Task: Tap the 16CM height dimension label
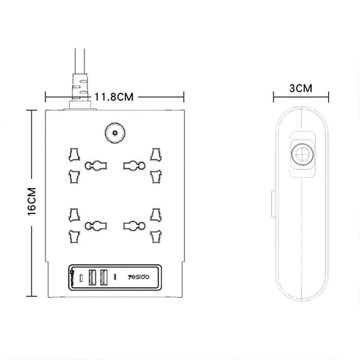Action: pyautogui.click(x=32, y=202)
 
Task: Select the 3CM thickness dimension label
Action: pyautogui.click(x=301, y=88)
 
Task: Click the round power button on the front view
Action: pyautogui.click(x=115, y=134)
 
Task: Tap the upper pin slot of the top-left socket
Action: pyautogui.click(x=72, y=155)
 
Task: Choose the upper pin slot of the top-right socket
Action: pyautogui.click(x=156, y=154)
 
